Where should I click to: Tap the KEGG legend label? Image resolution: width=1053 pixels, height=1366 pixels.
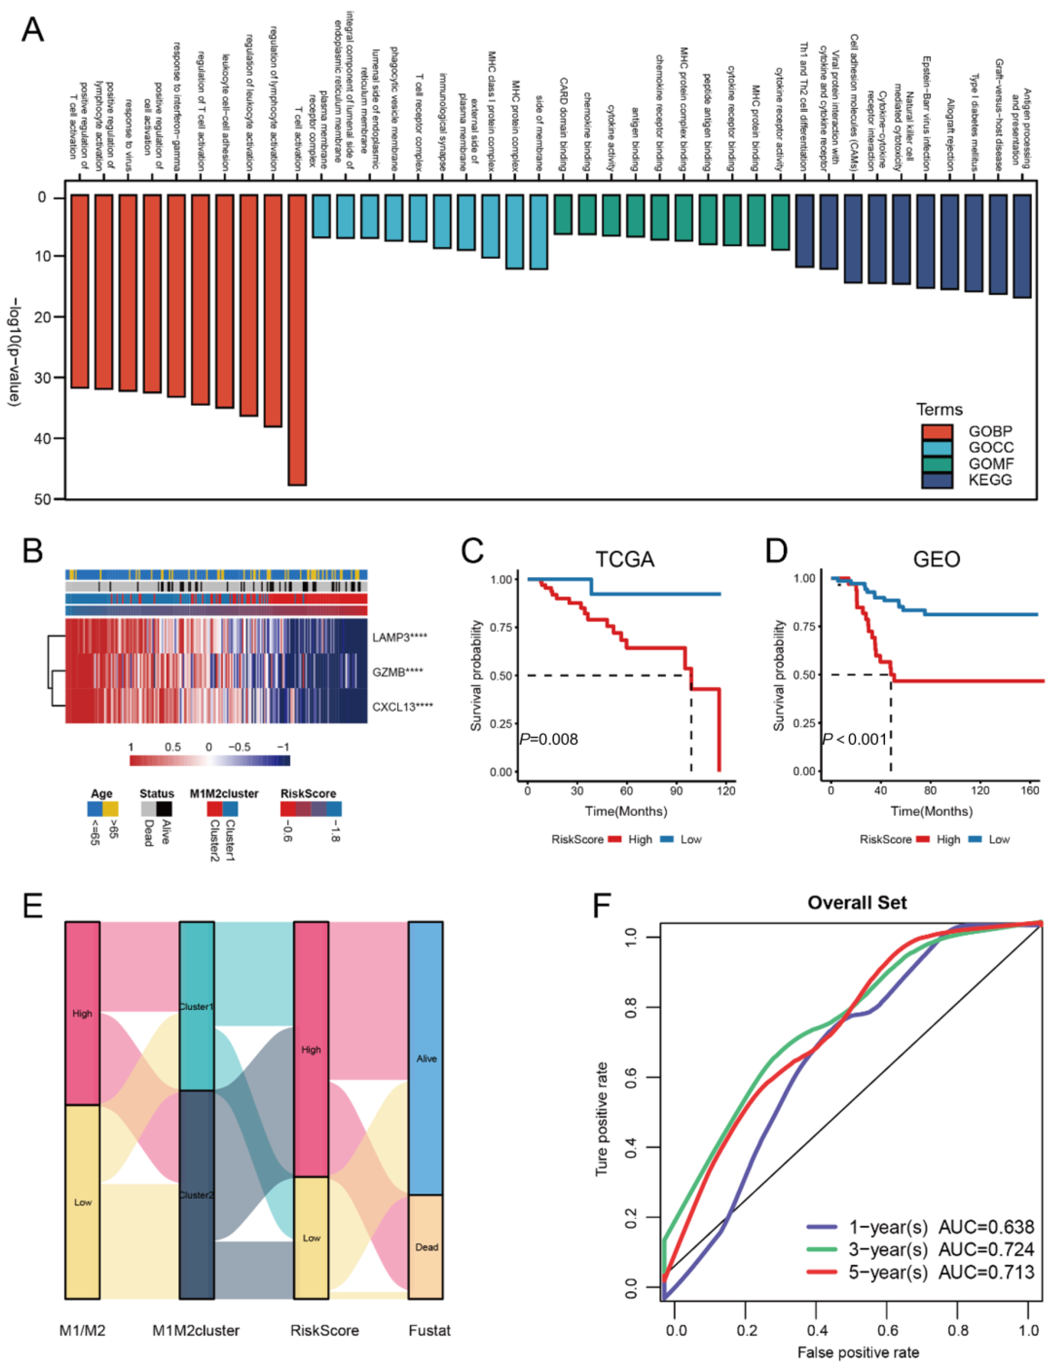(990, 480)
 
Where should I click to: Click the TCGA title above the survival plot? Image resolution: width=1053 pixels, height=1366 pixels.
(625, 559)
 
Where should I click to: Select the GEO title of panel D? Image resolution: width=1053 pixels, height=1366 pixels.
(936, 559)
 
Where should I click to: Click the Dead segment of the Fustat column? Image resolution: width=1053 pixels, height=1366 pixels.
(426, 1247)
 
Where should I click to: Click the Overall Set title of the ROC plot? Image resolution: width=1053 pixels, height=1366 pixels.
(857, 902)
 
